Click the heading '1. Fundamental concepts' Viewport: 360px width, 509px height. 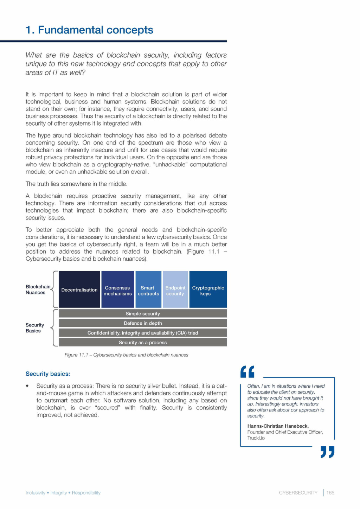pos(89,30)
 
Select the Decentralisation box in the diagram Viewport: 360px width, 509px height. pos(79,290)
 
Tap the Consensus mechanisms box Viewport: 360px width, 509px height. pos(117,290)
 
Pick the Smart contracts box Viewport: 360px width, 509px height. pos(148,290)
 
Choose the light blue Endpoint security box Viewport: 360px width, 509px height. pos(175,290)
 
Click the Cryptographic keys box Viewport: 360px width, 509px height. pos(208,290)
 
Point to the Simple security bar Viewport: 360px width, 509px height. pos(142,313)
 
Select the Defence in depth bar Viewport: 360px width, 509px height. pos(142,323)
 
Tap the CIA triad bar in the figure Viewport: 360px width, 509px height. pos(142,333)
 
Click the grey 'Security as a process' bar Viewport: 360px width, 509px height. pos(142,342)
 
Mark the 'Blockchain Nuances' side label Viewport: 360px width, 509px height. pos(38,290)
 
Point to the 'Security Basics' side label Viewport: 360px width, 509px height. pos(34,328)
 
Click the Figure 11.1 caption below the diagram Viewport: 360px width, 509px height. pos(126,355)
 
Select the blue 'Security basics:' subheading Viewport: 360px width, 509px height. pos(48,374)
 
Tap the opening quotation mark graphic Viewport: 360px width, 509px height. pos(247,371)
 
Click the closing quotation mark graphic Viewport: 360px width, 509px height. pos(327,452)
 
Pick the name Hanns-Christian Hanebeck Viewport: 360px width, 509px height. pos(278,426)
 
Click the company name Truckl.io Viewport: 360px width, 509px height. pos(256,438)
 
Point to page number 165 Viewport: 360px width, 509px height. pos(330,492)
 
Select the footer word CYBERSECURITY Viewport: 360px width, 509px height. pos(298,492)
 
